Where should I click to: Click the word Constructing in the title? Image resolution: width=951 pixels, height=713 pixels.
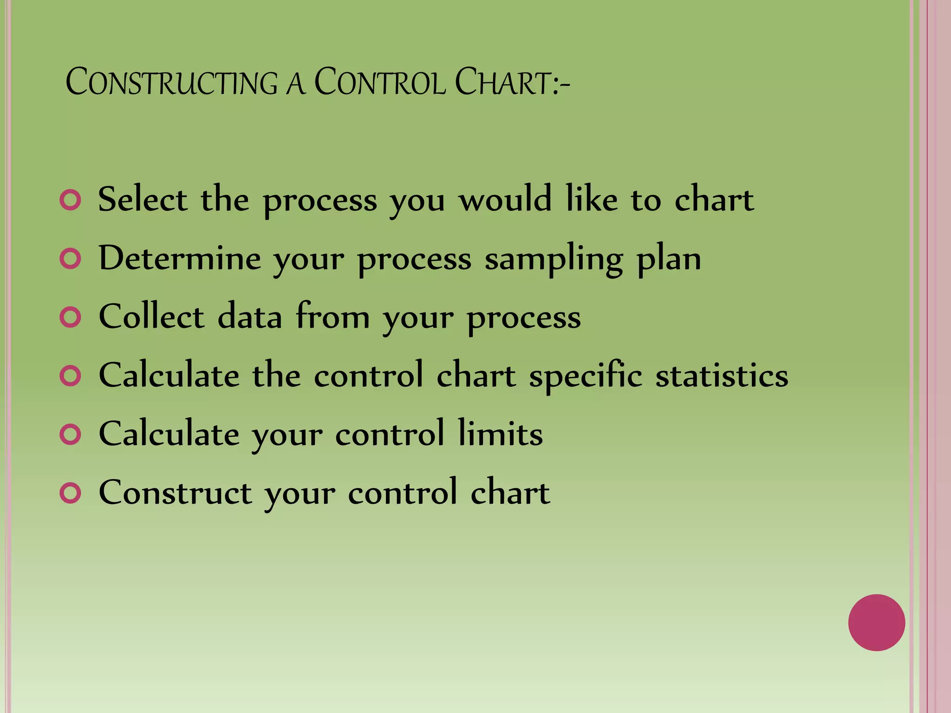171,83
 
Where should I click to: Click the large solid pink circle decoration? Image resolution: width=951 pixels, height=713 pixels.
876,622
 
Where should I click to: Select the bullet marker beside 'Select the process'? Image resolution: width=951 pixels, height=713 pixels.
71,200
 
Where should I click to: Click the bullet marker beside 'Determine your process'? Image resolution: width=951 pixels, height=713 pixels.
71,259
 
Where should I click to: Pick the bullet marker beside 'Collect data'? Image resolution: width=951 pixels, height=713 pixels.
71,318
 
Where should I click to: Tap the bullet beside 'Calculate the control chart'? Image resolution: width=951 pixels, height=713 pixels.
71,376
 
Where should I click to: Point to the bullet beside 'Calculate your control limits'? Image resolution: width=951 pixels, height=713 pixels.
71,434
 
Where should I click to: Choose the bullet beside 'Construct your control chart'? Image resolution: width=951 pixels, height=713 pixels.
71,493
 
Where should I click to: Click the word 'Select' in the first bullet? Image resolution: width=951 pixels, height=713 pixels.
143,200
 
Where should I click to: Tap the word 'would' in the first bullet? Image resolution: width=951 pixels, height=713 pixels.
505,200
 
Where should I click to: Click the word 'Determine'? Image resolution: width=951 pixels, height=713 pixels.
180,258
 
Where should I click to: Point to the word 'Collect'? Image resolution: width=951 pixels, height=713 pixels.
151,317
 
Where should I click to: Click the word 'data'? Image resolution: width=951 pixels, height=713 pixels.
250,317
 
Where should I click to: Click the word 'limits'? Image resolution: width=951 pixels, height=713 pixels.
500,434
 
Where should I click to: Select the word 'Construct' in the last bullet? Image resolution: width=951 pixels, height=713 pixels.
176,492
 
